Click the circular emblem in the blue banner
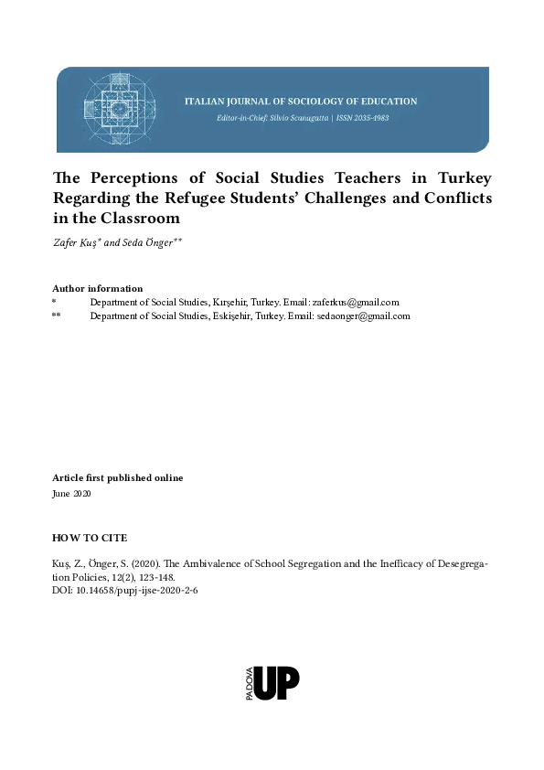pos(116,110)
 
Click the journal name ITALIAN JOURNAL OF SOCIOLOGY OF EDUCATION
pos(301,102)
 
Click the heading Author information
pos(98,289)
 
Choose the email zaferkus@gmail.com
pos(356,303)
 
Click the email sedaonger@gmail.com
pos(365,316)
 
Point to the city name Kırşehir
pos(233,303)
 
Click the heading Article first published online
pos(118,478)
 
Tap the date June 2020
pos(72,494)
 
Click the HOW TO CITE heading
pos(90,538)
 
